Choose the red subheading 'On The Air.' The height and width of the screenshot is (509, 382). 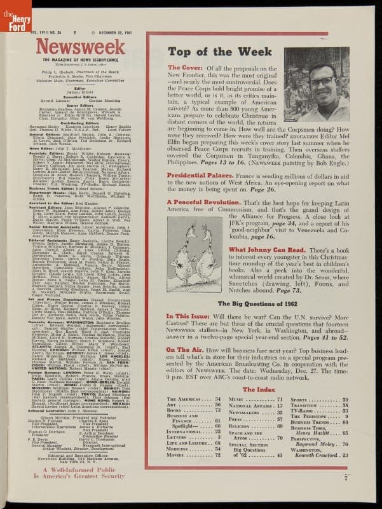pos(185,349)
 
